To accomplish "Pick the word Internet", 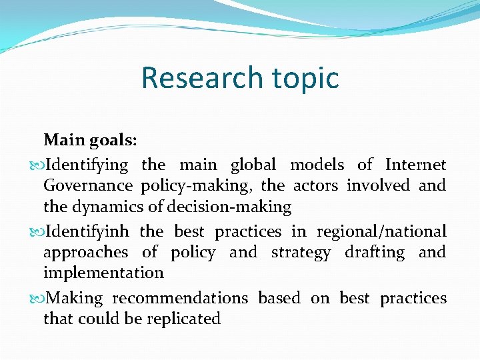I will pos(415,164).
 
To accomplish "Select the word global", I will pos(253,164).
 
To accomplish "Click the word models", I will pos(317,164).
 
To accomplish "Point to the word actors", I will pos(315,185).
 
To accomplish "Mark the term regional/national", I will pos(381,232).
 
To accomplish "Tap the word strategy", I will pos(301,253).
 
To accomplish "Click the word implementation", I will pos(103,273).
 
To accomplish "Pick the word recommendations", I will pos(180,298).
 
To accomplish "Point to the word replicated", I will pos(182,319).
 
